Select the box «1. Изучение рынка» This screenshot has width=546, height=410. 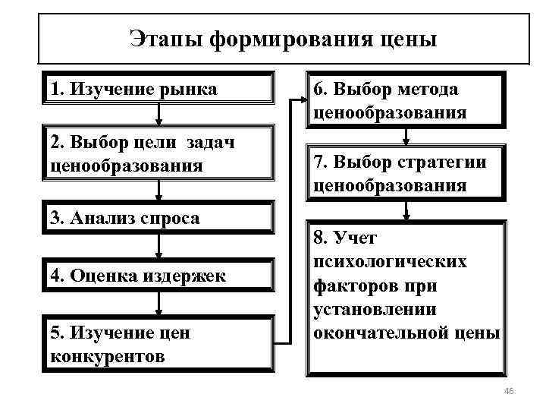click(158, 89)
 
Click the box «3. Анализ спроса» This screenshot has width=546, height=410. click(158, 219)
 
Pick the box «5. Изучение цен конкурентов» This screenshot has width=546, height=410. click(158, 344)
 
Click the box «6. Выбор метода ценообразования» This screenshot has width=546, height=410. click(407, 101)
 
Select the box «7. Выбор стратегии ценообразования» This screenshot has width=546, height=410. click(407, 174)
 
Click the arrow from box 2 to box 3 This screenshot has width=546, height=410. click(158, 191)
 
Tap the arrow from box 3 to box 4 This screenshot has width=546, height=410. click(158, 246)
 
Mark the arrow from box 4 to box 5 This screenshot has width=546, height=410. click(158, 303)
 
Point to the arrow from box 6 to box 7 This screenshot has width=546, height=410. click(407, 137)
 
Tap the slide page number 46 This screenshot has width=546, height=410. click(509, 391)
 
